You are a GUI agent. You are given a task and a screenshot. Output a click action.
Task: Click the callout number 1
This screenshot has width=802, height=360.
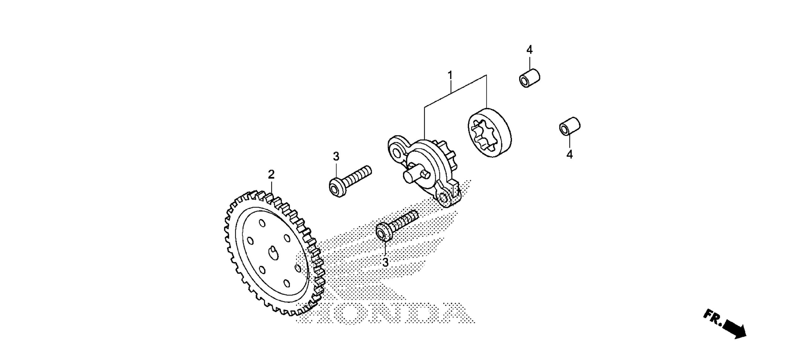(x=450, y=76)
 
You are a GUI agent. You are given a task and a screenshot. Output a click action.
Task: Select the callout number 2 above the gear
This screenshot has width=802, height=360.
(x=271, y=174)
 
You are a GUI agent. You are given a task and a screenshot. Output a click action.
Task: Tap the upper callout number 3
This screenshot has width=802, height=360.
(x=336, y=156)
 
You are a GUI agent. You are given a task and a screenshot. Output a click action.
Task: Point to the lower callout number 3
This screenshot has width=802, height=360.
(x=385, y=262)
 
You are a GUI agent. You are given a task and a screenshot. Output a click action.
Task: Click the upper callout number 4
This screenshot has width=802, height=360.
(x=529, y=50)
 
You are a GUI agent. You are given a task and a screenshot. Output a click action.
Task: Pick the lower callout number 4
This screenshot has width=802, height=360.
(x=570, y=154)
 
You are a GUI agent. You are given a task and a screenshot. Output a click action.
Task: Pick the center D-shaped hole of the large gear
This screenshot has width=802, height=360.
(x=273, y=253)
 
